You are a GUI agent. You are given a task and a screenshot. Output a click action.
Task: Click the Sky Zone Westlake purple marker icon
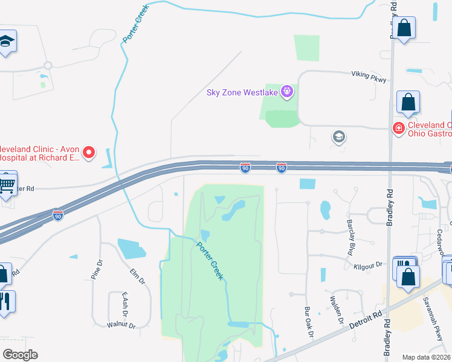(x=286, y=92)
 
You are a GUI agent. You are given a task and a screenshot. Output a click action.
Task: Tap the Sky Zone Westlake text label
(x=242, y=92)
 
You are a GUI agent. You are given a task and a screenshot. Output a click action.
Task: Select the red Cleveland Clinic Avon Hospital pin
(x=89, y=152)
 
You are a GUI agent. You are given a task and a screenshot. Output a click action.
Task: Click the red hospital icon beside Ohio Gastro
(x=398, y=128)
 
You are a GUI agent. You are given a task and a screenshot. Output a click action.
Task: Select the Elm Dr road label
(x=137, y=276)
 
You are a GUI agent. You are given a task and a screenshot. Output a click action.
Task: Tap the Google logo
(x=20, y=354)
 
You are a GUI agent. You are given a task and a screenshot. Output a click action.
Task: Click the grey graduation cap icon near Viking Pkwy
(x=339, y=137)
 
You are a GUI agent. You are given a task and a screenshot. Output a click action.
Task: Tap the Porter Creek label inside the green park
(x=210, y=260)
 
